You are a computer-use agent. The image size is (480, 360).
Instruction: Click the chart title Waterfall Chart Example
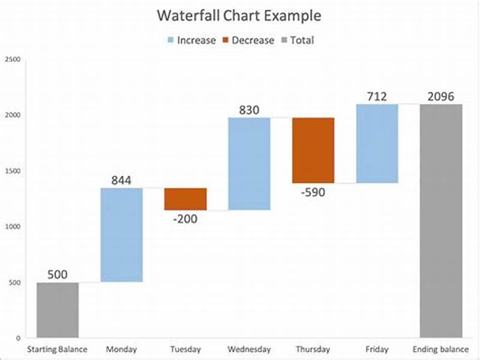point(239,16)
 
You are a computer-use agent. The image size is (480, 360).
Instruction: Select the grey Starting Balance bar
point(58,310)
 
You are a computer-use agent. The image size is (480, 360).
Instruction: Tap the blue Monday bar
point(121,235)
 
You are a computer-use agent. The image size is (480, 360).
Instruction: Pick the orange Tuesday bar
point(185,199)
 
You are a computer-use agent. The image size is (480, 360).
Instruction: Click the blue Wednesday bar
point(249,164)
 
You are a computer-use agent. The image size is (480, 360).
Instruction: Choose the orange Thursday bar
point(313,151)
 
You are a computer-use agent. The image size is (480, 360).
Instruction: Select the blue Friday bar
point(377,144)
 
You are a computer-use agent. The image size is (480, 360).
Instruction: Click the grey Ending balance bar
point(441,221)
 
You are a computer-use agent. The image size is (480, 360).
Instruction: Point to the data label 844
point(121,180)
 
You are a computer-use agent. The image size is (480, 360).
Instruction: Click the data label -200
point(185,219)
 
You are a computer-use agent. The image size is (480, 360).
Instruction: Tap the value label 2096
point(441,96)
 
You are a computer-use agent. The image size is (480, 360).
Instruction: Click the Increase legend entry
point(190,41)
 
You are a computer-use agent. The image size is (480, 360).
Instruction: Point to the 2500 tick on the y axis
point(12,59)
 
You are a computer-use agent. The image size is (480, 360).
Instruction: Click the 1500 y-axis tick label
point(12,171)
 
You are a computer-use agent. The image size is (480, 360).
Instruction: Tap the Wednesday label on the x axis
point(249,349)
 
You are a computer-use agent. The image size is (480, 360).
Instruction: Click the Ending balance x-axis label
point(441,349)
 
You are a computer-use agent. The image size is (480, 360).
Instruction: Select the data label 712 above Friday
point(377,96)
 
